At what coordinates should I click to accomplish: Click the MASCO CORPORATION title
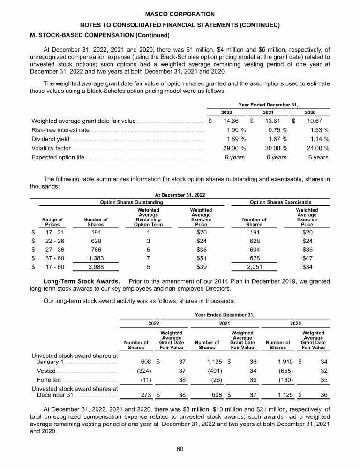tap(180, 15)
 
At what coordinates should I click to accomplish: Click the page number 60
tap(180, 449)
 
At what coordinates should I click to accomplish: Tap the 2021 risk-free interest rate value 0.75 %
tap(277, 130)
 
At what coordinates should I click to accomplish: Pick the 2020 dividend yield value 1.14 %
tap(319, 139)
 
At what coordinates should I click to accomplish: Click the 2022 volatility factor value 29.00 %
tap(233, 148)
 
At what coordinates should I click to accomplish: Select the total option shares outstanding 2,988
tap(96, 267)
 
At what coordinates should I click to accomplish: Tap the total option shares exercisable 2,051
tap(255, 267)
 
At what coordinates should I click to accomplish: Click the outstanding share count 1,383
tap(96, 258)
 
